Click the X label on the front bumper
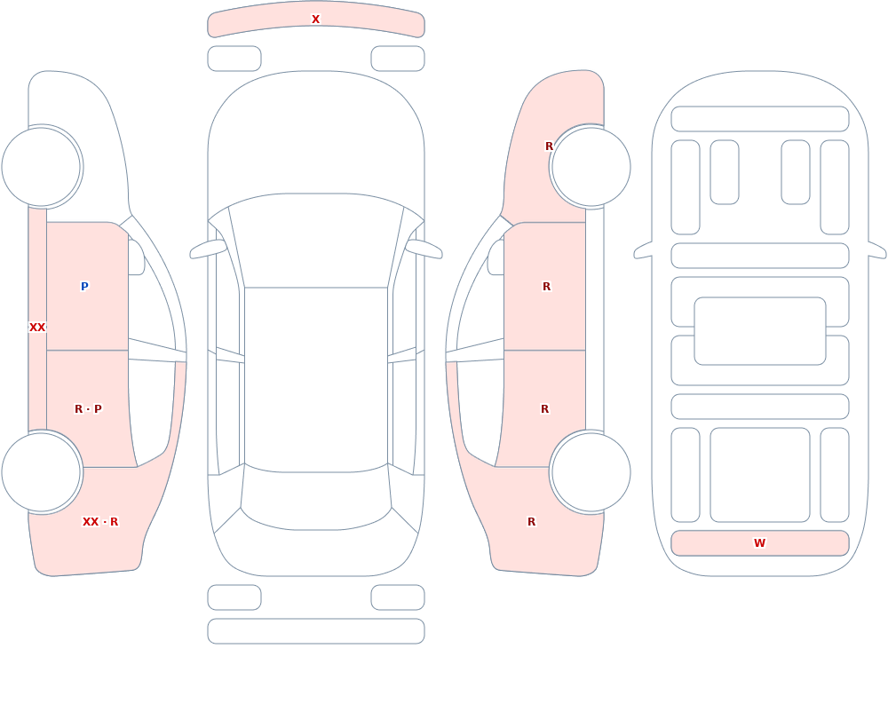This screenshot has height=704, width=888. tap(315, 20)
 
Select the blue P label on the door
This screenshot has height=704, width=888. tap(84, 287)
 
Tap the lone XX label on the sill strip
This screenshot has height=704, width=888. tap(37, 328)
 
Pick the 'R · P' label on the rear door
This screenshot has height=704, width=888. tap(88, 409)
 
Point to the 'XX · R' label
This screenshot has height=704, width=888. tap(100, 522)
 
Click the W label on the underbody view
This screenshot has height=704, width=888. tap(759, 543)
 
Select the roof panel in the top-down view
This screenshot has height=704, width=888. tap(316, 379)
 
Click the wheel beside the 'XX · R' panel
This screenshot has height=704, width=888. tap(42, 471)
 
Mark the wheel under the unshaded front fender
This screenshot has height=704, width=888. tap(42, 167)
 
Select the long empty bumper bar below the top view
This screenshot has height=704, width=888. tap(316, 631)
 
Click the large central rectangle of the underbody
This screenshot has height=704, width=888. tap(760, 331)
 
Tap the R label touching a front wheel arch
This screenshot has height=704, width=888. tap(549, 146)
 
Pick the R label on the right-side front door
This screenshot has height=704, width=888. tap(546, 287)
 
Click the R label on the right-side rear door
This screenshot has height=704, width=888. tap(545, 409)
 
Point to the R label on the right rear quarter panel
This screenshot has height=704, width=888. tap(531, 522)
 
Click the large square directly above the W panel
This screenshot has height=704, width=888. tap(760, 475)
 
